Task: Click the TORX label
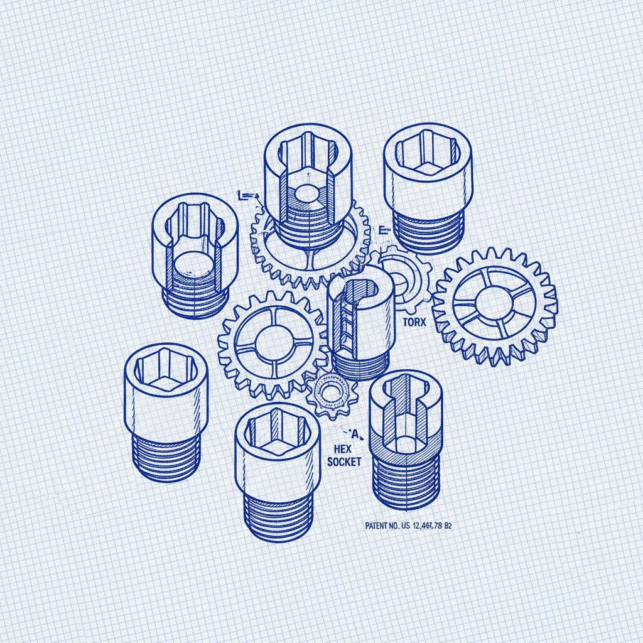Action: click(414, 323)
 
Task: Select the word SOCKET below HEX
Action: click(344, 462)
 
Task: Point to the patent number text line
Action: click(408, 526)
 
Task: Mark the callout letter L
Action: click(240, 195)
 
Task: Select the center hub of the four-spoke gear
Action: click(274, 344)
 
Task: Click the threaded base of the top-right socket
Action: click(428, 231)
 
